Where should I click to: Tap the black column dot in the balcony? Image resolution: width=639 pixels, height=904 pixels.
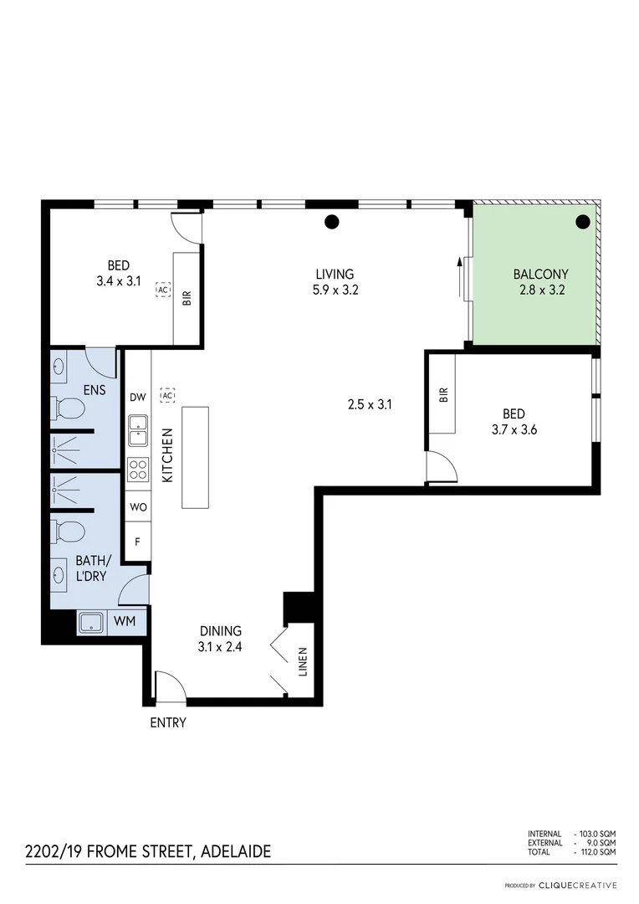tap(583, 222)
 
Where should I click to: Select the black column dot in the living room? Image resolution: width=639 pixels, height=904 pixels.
tap(332, 222)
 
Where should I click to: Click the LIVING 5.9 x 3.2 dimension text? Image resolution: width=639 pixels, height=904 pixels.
tap(335, 291)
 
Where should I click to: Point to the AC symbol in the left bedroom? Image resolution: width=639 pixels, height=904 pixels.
tap(163, 290)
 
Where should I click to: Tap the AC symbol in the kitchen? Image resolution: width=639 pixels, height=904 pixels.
tap(168, 395)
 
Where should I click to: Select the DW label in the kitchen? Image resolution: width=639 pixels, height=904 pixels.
tap(138, 398)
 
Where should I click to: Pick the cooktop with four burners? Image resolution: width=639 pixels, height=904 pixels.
tap(138, 470)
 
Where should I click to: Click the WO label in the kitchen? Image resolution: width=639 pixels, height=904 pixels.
tap(138, 506)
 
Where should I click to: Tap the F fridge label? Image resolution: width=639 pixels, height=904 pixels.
tap(138, 542)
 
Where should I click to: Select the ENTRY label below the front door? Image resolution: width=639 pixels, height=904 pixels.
tap(168, 722)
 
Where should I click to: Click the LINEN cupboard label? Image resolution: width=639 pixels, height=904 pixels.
tap(302, 661)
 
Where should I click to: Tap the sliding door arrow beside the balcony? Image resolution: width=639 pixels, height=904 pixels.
tap(459, 276)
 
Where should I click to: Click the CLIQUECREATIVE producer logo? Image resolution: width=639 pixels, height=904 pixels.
tap(577, 885)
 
